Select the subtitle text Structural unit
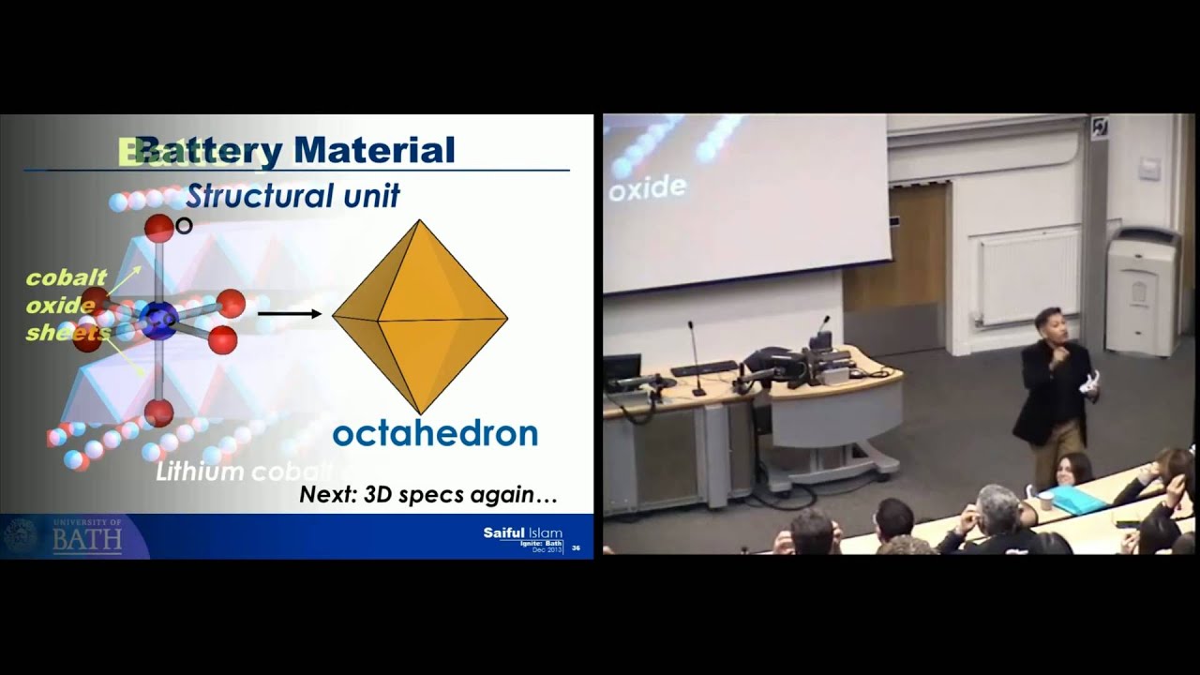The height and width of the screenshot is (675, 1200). point(292,196)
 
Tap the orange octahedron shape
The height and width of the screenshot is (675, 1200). point(420,317)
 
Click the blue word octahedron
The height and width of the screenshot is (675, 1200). point(435,433)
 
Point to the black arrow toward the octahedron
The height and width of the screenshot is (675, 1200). point(289,314)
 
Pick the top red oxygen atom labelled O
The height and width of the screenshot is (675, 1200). point(158,228)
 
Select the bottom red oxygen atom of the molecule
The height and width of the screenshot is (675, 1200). point(158,412)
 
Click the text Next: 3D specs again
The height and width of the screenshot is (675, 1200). point(428,494)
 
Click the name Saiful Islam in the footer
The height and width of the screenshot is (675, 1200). point(522,532)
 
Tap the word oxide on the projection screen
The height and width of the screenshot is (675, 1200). point(648,187)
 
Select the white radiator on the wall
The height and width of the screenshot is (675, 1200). point(1028,276)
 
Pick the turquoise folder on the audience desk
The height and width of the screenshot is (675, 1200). point(1077,499)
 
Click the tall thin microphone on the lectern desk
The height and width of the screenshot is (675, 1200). point(695,356)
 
